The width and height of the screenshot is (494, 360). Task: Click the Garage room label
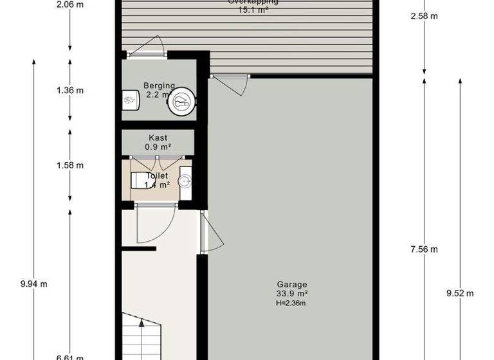(x=292, y=284)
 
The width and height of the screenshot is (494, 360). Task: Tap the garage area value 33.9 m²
(x=292, y=294)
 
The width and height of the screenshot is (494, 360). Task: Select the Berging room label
(x=158, y=85)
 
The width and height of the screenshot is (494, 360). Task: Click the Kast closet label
(x=158, y=138)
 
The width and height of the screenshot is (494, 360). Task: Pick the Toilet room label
(x=158, y=175)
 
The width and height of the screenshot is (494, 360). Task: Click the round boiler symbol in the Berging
(x=182, y=100)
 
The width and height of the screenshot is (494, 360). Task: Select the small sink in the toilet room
(x=185, y=180)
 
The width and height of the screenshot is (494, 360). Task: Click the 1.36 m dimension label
(x=70, y=90)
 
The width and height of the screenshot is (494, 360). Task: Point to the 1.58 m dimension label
(x=70, y=165)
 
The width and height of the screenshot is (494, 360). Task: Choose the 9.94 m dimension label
(x=33, y=283)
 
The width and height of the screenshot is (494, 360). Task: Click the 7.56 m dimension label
(x=424, y=249)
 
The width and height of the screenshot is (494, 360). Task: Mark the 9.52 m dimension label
(x=460, y=293)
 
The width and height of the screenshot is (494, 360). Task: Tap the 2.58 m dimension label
(x=424, y=15)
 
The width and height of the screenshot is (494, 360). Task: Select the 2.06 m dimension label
(x=70, y=4)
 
